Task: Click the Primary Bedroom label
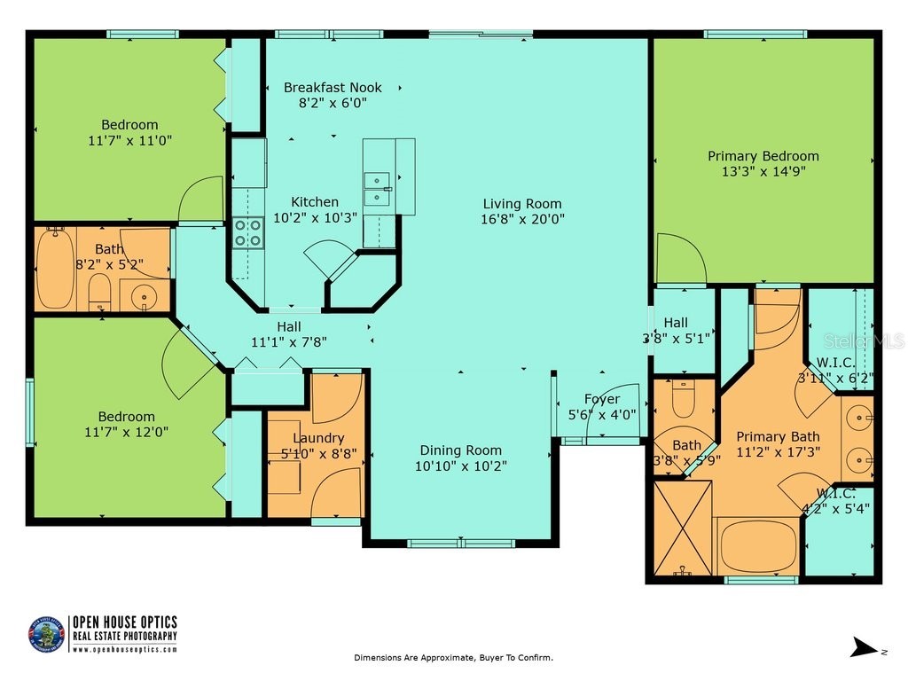pos(763,156)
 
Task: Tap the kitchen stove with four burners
pos(247,232)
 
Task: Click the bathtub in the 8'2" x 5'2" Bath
pos(54,268)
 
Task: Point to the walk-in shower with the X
pos(682,527)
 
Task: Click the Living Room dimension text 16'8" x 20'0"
pos(522,218)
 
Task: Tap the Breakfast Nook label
pos(333,87)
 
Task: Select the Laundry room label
pos(317,438)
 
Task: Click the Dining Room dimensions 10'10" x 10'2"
pos(460,466)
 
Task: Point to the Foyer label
pos(601,399)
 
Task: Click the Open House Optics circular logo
pos(47,635)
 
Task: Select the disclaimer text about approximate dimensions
pos(453,658)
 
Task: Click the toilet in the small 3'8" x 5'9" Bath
pos(684,400)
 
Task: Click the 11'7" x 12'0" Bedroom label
pos(127,417)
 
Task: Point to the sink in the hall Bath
pos(144,297)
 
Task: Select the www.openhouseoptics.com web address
pos(124,650)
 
